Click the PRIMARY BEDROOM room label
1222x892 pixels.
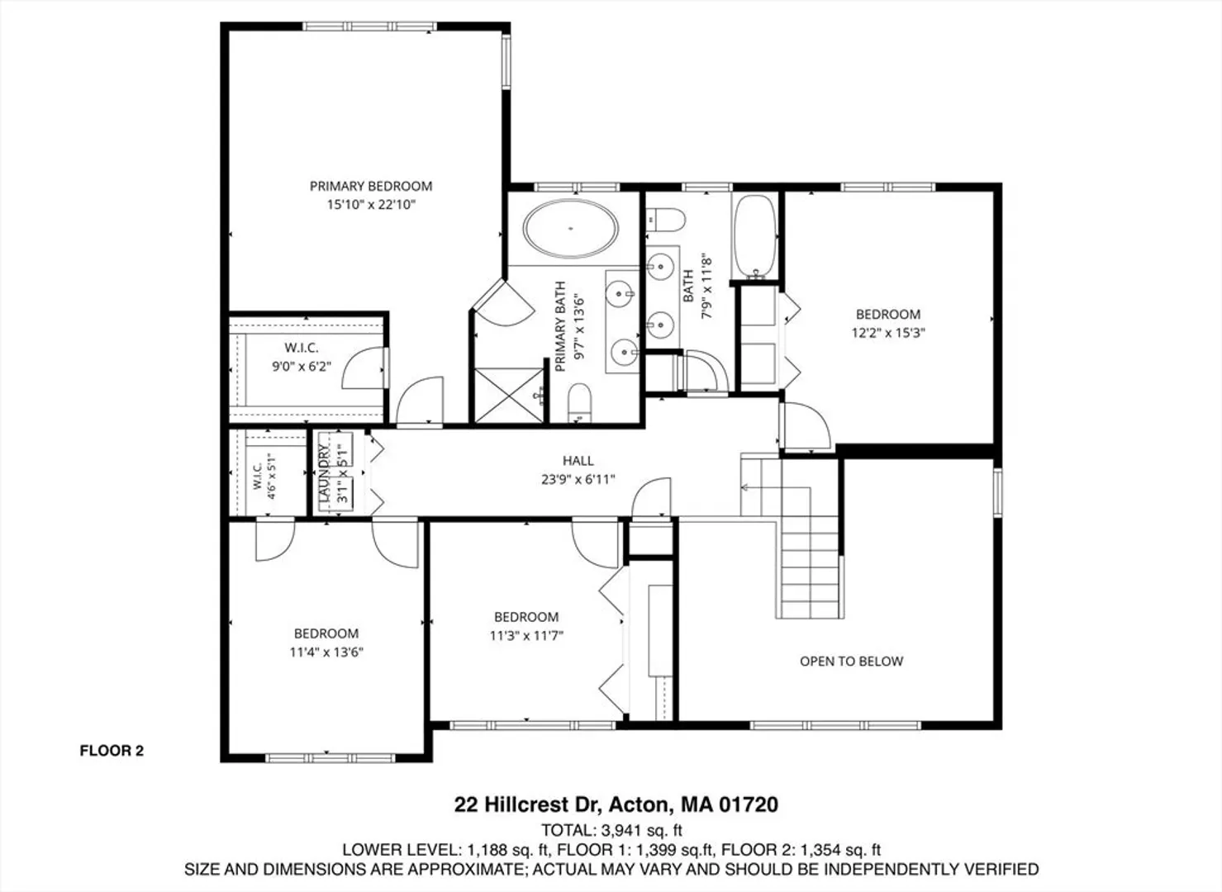coord(371,187)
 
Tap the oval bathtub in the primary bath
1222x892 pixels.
coord(571,229)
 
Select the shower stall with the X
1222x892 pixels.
coord(510,396)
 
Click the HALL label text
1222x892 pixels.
coord(578,461)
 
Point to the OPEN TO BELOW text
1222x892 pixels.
coord(852,662)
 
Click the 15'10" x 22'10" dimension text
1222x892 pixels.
coord(371,205)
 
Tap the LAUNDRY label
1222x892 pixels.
coord(324,473)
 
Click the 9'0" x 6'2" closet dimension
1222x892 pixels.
coord(302,367)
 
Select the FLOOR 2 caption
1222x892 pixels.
coord(112,751)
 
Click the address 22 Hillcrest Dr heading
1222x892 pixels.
coord(616,804)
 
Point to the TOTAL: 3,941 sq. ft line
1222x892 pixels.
coord(611,830)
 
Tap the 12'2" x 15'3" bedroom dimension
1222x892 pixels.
coord(889,333)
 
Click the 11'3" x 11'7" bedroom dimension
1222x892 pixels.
coord(526,636)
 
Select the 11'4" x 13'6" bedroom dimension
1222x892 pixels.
coord(326,652)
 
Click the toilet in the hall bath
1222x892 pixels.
coord(666,220)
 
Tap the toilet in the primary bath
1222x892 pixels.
coord(579,403)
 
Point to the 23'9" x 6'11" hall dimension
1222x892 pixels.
coord(578,480)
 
